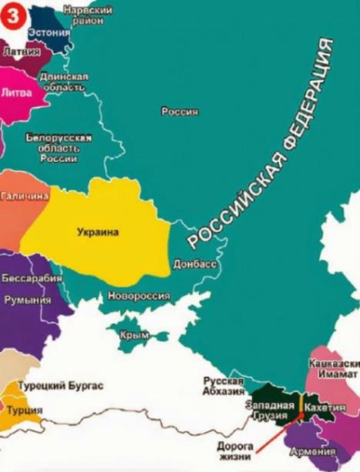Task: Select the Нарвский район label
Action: [88, 15]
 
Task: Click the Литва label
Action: [18, 92]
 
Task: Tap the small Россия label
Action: [179, 112]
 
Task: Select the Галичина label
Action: [24, 196]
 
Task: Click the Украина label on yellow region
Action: [98, 231]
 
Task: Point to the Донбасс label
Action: [195, 264]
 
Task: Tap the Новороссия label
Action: [138, 295]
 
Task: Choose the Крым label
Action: [134, 335]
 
